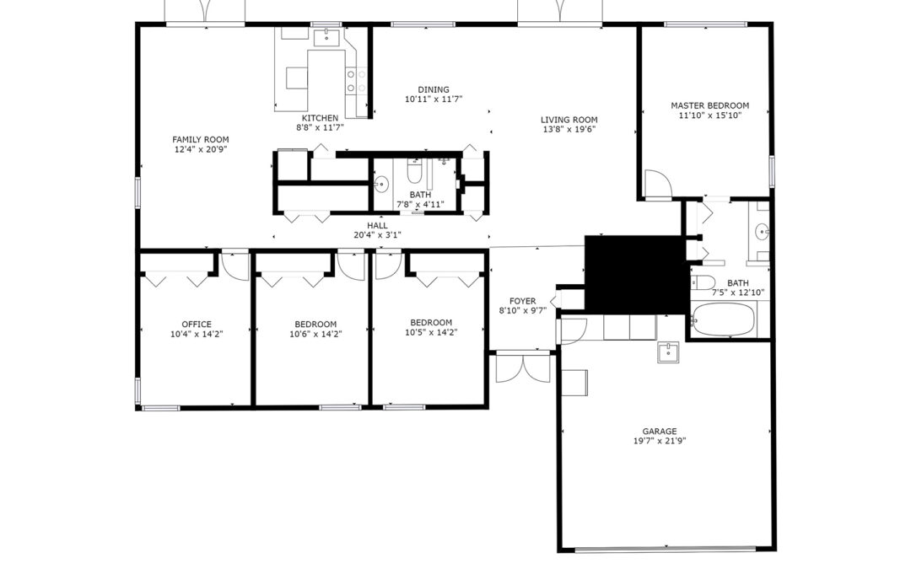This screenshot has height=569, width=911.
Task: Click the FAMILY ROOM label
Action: [x=201, y=139]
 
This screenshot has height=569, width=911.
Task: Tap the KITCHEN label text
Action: [x=320, y=118]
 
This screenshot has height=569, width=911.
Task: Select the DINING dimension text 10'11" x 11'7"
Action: [x=434, y=99]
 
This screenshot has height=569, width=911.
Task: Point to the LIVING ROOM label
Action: [x=569, y=120]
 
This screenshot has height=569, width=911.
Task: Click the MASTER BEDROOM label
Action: [x=710, y=105]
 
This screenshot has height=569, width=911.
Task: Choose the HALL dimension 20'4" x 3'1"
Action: [x=377, y=235]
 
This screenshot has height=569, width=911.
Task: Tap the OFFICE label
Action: [x=197, y=324]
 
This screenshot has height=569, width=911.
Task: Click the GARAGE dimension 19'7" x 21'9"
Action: [x=660, y=441]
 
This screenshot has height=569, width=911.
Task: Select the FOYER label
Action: [x=522, y=301]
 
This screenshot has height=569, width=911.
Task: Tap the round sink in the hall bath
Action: [x=381, y=185]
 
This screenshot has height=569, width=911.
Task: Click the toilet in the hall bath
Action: [x=415, y=171]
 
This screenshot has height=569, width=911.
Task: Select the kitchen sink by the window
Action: [x=327, y=37]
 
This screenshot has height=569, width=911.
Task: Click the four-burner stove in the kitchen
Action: [x=356, y=81]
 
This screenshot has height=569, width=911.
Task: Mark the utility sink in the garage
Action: [x=668, y=352]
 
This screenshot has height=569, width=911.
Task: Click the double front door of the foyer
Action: [x=523, y=368]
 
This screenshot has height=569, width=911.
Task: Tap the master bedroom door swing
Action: [x=658, y=184]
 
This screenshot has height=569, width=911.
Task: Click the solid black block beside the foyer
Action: [x=636, y=274]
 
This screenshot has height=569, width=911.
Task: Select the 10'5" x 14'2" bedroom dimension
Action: [x=431, y=333]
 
